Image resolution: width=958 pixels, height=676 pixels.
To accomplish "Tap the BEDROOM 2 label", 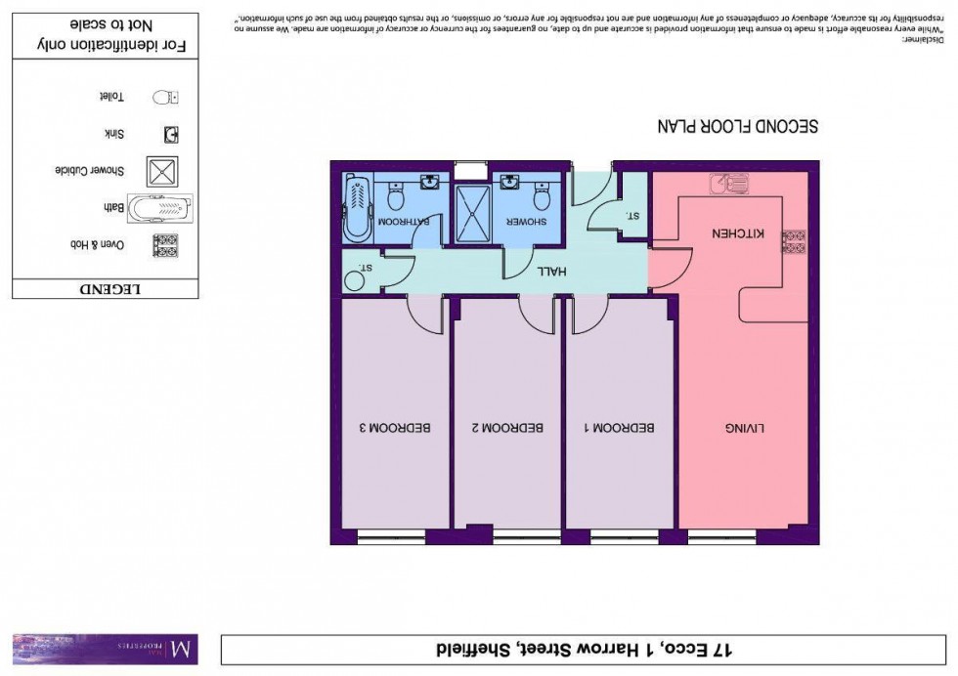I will point(507,428).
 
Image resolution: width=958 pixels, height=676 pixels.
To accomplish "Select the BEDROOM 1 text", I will point(620,428).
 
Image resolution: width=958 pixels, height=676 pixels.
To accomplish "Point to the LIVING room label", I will point(745,428).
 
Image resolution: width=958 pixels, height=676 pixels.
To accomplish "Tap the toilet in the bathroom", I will point(396,198).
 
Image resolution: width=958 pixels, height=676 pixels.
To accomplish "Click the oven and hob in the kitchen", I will point(793,240).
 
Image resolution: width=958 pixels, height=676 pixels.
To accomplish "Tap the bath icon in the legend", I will point(160,208).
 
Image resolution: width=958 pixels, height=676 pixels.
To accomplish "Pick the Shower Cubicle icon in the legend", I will point(161,171).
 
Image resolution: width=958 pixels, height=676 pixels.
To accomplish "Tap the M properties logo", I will point(105,649).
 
